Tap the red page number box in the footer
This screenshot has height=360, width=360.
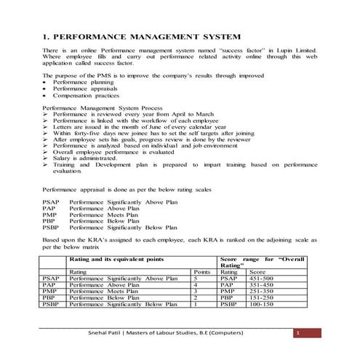coord(297,333)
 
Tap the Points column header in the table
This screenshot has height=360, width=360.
coord(203,271)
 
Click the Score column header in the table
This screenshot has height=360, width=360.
coord(257,271)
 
